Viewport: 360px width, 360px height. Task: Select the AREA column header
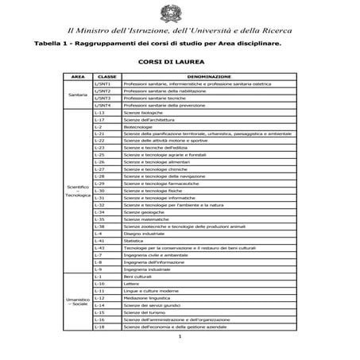tap(77, 76)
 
